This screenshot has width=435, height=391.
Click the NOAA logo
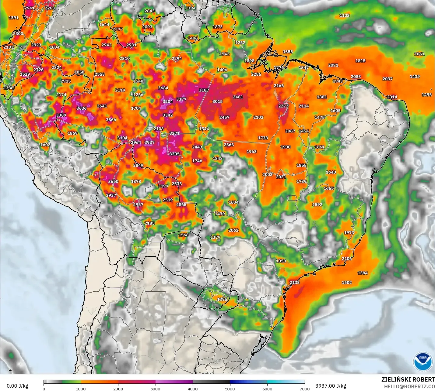(x=423, y=361)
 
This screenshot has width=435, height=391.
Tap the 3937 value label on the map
(x=149, y=142)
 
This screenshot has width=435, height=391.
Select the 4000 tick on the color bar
(x=193, y=389)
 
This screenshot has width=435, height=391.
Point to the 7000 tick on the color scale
(x=304, y=389)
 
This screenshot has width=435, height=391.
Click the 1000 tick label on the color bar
(x=81, y=389)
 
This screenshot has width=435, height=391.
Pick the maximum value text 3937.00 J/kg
(x=331, y=386)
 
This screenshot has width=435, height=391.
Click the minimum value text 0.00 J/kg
(x=17, y=386)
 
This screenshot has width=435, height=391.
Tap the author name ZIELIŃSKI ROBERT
(x=408, y=379)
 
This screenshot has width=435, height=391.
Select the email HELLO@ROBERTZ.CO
(x=409, y=386)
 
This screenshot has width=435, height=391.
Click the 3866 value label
(x=111, y=120)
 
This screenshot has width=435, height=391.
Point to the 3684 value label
(x=163, y=88)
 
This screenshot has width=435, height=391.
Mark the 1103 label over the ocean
(x=345, y=15)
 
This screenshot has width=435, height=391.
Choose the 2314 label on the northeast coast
(x=392, y=97)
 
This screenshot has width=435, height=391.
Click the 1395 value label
(x=222, y=300)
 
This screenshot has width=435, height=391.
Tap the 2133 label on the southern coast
(x=295, y=283)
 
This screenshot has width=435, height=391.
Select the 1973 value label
(x=349, y=233)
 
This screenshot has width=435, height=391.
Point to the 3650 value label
(x=113, y=182)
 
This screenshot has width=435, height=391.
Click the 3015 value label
(x=218, y=102)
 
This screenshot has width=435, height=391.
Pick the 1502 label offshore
(x=347, y=283)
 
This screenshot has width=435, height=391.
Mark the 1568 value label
(x=184, y=235)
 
